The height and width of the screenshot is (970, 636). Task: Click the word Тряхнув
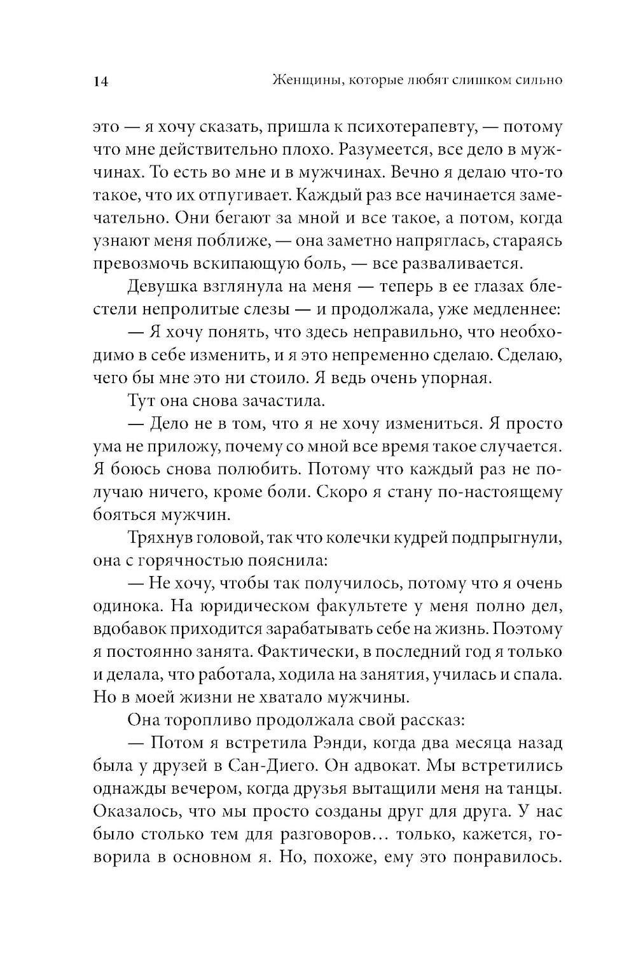tap(160, 538)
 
